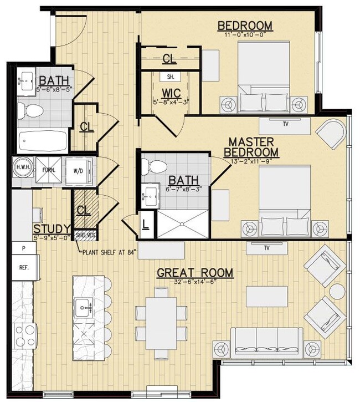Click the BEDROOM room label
(x=244, y=26)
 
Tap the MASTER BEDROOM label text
(x=250, y=146)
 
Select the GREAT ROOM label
(x=194, y=273)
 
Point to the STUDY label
(x=51, y=229)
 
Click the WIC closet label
(x=169, y=93)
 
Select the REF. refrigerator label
(x=24, y=266)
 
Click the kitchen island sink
(x=84, y=305)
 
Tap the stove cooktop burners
(x=24, y=335)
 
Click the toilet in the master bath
(x=152, y=166)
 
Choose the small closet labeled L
(x=145, y=225)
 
